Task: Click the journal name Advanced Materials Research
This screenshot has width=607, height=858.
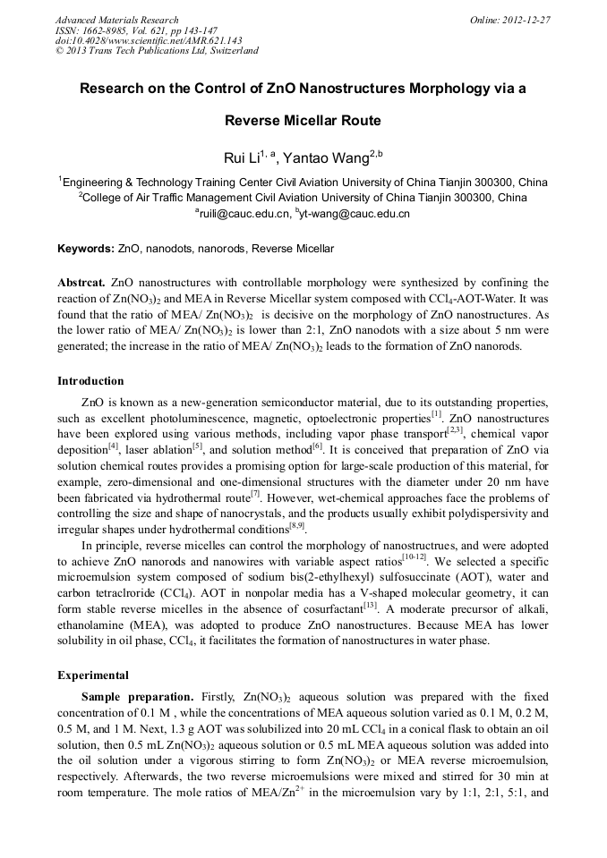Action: click(116, 20)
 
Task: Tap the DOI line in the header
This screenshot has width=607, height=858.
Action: click(149, 40)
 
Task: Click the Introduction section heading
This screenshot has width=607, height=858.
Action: click(90, 381)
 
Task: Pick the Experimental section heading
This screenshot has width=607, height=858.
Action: click(92, 675)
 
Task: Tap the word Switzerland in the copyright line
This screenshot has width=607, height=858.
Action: click(231, 51)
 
